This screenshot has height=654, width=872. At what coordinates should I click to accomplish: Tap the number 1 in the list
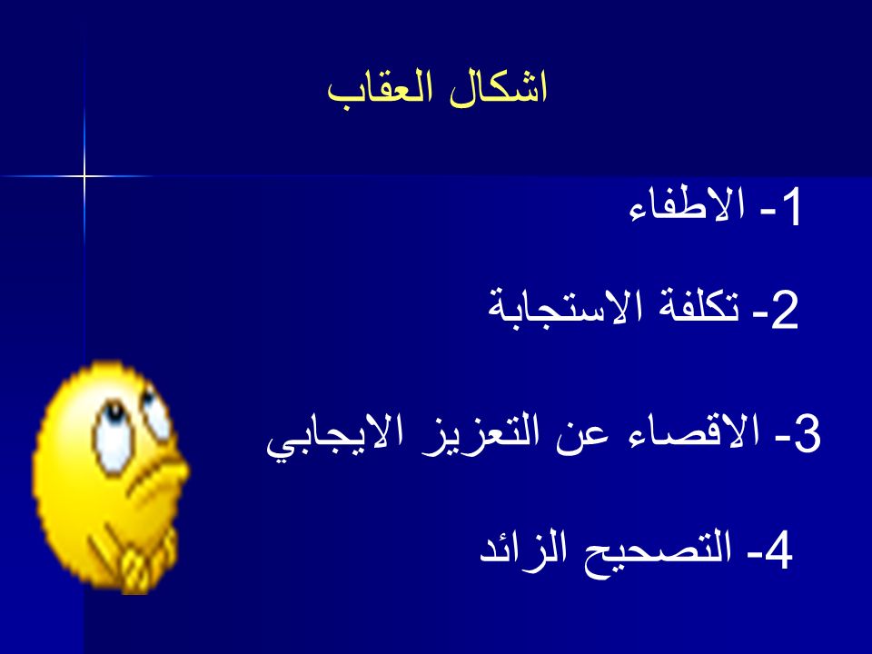(791, 207)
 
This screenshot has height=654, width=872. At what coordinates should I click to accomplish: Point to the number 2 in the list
(785, 311)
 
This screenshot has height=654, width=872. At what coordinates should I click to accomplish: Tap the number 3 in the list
(807, 434)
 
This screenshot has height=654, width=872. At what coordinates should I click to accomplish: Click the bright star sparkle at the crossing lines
(84, 177)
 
